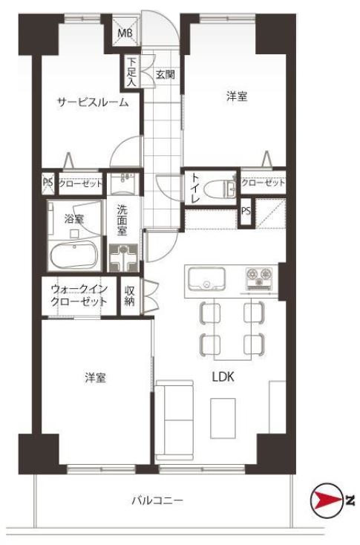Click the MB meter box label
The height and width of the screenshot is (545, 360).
coord(125,33)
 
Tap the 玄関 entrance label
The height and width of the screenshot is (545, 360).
coord(165,74)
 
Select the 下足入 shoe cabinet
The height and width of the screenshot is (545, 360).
coord(131,72)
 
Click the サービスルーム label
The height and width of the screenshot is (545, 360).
coord(93,102)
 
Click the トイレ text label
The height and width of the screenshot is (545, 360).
coord(194,189)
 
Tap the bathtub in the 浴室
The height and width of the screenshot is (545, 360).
coord(73,255)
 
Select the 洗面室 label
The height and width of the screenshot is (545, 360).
coord(122,221)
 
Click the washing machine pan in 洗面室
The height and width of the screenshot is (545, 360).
coord(123,258)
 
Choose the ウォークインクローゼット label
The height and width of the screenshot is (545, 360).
coord(79,295)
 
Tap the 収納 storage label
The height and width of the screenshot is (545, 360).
coord(129,296)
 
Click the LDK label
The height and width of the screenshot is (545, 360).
coord(223,376)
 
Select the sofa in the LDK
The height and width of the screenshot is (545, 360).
coord(174,420)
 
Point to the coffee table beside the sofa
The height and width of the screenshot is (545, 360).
coord(223,418)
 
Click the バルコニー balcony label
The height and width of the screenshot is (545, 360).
coord(157,500)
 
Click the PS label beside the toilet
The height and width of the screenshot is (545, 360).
coord(246,211)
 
